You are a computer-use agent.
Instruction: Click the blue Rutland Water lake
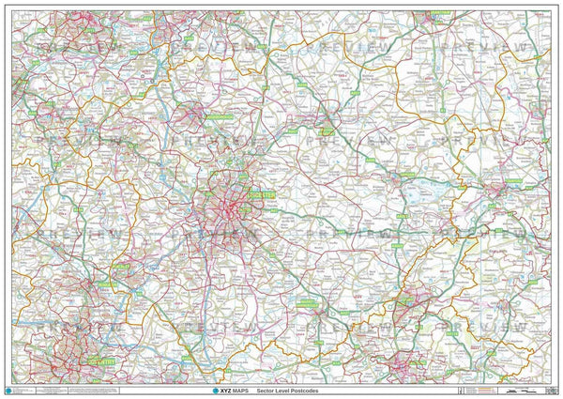pyautogui.click(x=418, y=194)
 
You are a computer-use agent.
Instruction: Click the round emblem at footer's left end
pyautogui.click(x=10, y=388)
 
